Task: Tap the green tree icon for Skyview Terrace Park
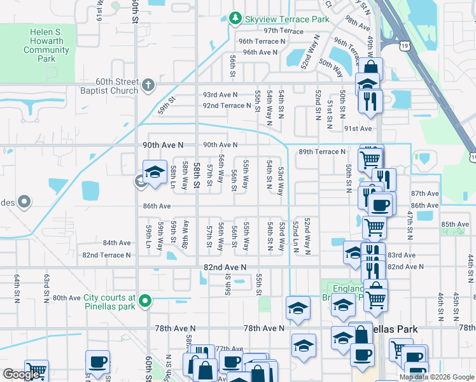click(x=235, y=18)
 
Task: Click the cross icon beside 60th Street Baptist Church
click(x=148, y=84)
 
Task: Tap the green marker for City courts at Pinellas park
click(x=145, y=301)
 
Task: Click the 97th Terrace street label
click(x=284, y=31)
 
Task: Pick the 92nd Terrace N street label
click(x=227, y=106)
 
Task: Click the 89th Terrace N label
click(x=321, y=152)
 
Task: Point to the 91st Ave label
click(x=358, y=128)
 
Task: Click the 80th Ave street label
click(x=67, y=297)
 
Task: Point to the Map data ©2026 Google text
click(x=436, y=377)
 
